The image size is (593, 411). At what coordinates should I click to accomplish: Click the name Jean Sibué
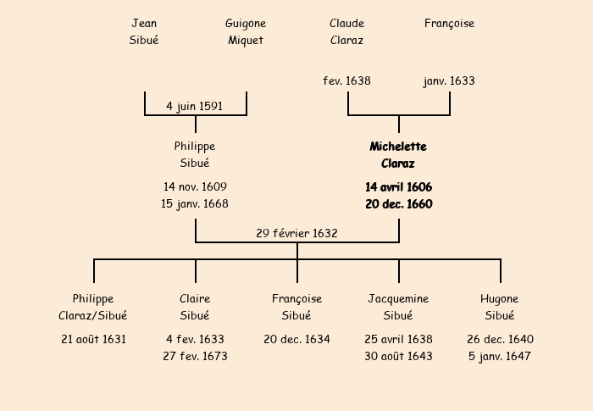coord(144,31)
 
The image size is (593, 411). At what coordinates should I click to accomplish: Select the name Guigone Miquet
coord(246,31)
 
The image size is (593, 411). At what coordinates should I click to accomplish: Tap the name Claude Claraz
coord(346,31)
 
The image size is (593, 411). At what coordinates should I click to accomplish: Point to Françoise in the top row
coord(449,24)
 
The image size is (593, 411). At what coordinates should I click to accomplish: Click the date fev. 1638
coord(346,81)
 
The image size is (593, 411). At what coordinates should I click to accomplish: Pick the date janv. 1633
coord(449,81)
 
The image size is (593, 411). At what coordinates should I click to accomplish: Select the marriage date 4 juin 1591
coord(195,107)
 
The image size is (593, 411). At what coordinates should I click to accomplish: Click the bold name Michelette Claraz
coord(398,155)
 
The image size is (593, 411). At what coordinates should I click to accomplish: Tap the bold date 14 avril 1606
coord(398,186)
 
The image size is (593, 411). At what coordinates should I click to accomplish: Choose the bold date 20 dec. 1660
coord(398,204)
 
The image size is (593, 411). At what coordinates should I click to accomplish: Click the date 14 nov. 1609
coord(195,186)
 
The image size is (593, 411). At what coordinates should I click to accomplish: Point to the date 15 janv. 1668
coord(195,204)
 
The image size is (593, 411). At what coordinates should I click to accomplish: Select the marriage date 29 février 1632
coord(296,233)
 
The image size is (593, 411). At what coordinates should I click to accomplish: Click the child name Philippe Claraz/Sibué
coord(93,307)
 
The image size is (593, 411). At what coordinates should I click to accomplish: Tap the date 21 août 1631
coord(93,339)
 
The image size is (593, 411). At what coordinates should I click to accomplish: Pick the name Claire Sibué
coord(195,307)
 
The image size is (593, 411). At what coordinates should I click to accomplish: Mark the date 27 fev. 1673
coord(195,356)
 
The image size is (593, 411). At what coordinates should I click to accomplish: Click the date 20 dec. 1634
coord(296,339)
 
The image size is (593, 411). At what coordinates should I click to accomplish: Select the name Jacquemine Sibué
coord(398,307)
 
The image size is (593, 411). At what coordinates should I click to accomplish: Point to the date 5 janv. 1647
coord(500,356)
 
